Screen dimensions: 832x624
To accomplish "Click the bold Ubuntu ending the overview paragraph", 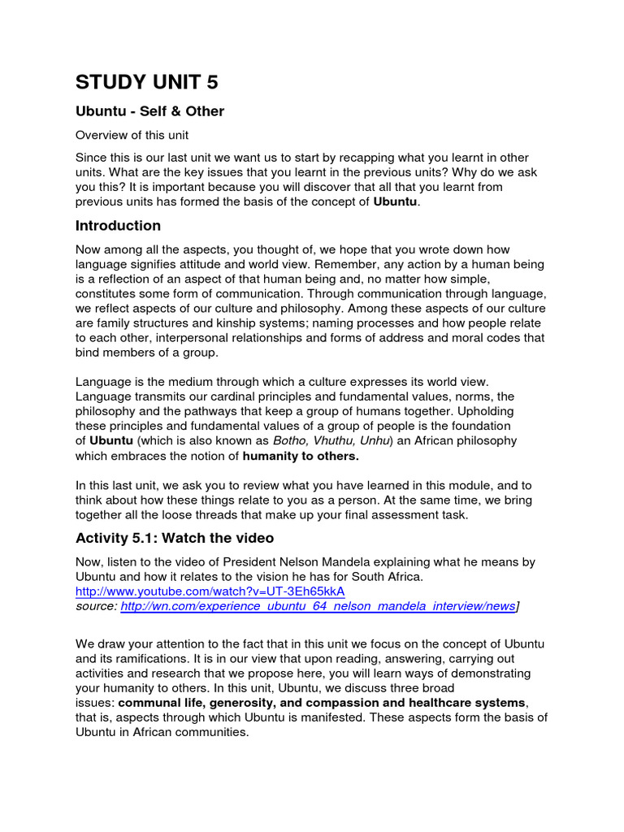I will [x=396, y=201].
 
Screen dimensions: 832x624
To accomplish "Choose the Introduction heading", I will [x=118, y=226].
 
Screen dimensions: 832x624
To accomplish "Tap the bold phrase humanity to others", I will [x=301, y=456].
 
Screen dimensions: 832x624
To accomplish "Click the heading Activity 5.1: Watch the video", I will [x=175, y=538].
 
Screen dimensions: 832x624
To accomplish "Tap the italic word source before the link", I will [x=96, y=606].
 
